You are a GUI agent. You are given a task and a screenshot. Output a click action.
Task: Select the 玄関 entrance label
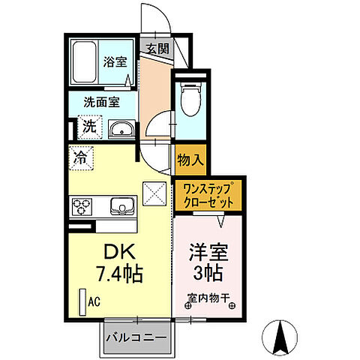157,51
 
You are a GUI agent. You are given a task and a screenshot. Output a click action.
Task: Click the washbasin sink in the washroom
120,129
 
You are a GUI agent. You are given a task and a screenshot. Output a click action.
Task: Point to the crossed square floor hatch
155,194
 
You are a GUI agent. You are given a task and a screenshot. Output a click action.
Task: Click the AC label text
95,301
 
